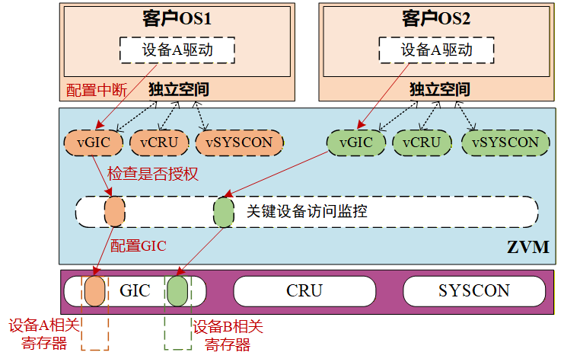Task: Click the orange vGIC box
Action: (x=97, y=143)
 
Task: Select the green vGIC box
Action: (x=355, y=143)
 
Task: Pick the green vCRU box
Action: (x=422, y=143)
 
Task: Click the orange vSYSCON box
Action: (x=239, y=143)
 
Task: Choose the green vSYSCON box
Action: (x=505, y=143)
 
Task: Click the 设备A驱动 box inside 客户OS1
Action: (x=177, y=50)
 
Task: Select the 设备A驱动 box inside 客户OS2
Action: (x=436, y=50)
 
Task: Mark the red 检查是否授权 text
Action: (x=152, y=174)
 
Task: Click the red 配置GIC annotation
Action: (x=138, y=245)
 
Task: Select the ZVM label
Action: (x=527, y=247)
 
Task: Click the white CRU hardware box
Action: (x=304, y=290)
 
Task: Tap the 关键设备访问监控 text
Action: (x=307, y=211)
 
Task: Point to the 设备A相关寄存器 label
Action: (x=38, y=335)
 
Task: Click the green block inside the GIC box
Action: (x=177, y=290)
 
